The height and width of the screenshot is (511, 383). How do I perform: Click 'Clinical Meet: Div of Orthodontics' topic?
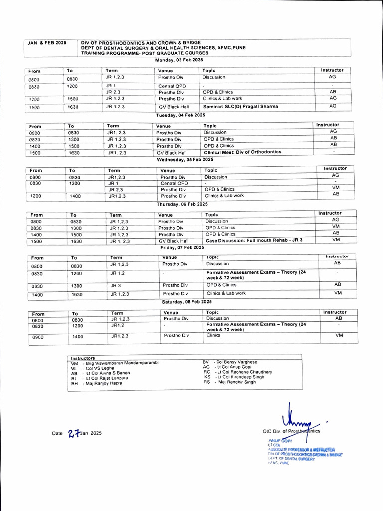(x=242, y=152)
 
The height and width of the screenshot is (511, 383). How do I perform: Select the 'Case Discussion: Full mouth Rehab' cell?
(x=254, y=240)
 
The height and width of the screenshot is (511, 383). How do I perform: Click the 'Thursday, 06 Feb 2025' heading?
(x=183, y=204)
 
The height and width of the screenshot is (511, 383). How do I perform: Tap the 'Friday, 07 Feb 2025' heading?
(x=183, y=247)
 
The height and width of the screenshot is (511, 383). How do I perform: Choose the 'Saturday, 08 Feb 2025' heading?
(x=187, y=302)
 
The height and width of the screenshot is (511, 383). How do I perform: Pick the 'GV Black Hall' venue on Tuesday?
(x=171, y=153)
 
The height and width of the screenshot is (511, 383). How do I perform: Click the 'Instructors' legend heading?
(x=83, y=358)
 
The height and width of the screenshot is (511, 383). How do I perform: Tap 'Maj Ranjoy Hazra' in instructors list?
(x=104, y=383)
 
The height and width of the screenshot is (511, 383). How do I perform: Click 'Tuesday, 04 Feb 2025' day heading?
(x=181, y=115)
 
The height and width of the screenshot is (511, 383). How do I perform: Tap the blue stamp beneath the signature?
(x=301, y=452)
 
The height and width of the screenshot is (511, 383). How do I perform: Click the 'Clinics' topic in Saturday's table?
(x=213, y=335)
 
